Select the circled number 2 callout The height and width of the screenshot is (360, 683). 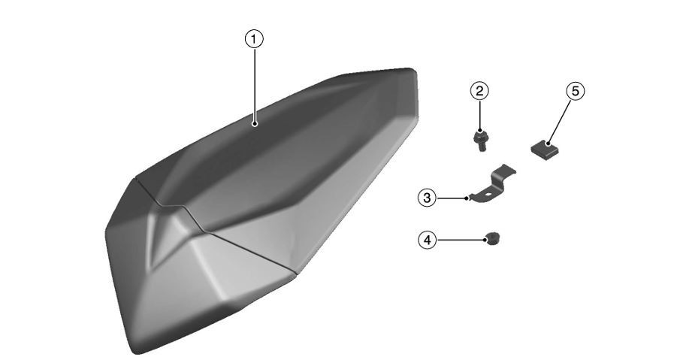(x=479, y=91)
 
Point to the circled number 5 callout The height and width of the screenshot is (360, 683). (x=574, y=91)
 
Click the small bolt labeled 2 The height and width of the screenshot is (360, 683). (x=479, y=141)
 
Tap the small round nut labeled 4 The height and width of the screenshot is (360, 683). (x=493, y=238)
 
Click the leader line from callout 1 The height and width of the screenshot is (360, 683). (x=255, y=83)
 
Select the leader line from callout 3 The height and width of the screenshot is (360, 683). (x=451, y=198)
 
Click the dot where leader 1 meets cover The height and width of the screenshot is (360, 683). (x=255, y=123)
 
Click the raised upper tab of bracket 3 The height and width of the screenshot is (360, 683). (x=507, y=171)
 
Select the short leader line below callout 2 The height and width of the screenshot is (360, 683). (x=479, y=116)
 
